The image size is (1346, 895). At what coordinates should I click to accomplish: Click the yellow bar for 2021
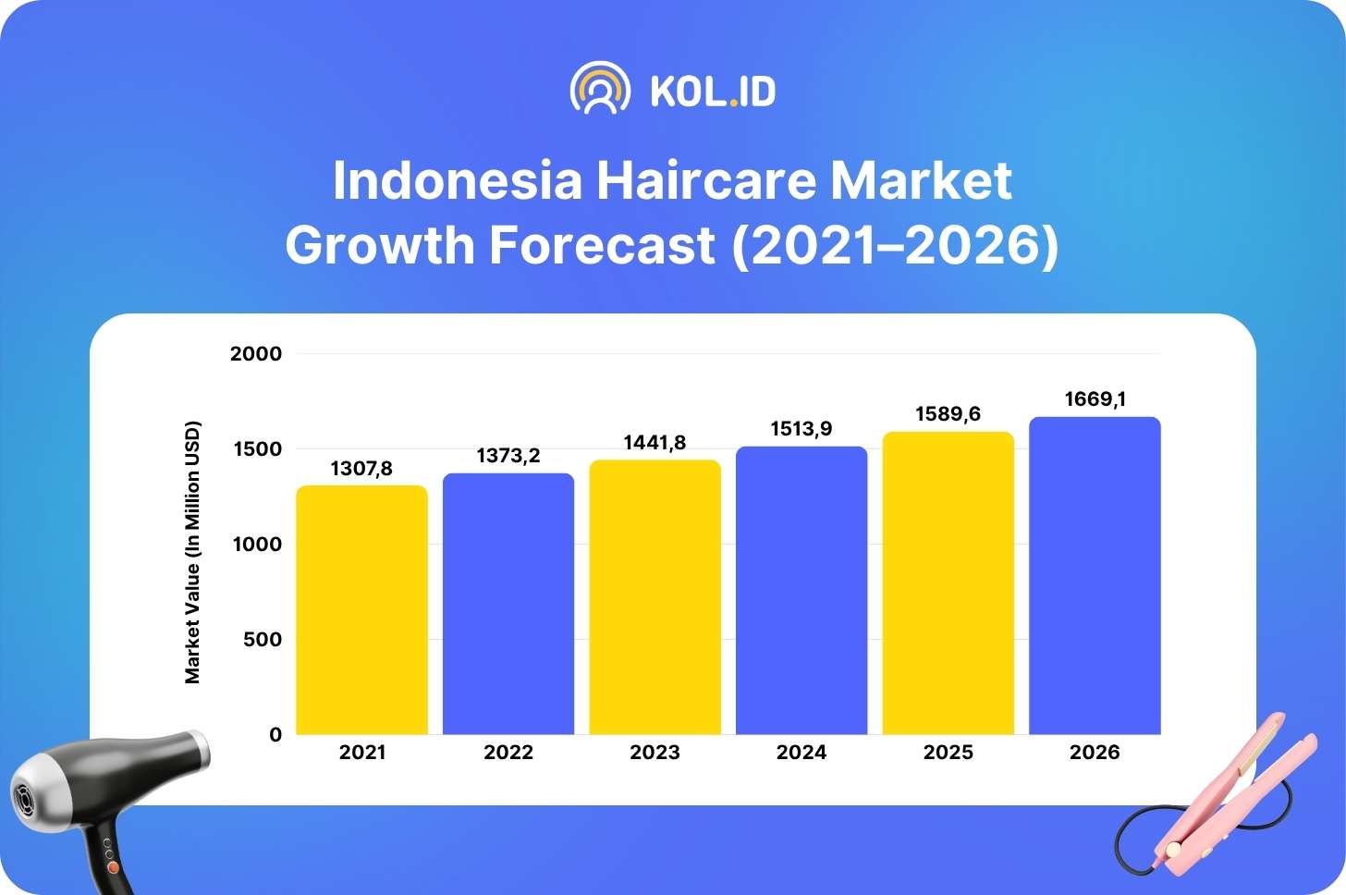(x=361, y=609)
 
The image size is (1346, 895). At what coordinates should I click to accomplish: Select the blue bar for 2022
(x=508, y=604)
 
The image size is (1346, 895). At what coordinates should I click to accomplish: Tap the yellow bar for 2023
(x=655, y=597)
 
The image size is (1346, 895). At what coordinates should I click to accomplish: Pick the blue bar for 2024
(x=801, y=590)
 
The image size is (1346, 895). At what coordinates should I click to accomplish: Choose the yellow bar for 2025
(x=948, y=583)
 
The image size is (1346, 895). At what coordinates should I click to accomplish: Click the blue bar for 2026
(x=1095, y=575)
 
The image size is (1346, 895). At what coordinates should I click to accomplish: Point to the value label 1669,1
(x=1095, y=399)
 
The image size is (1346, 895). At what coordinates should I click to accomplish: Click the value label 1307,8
(x=361, y=468)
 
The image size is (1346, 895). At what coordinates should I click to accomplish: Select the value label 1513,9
(x=801, y=429)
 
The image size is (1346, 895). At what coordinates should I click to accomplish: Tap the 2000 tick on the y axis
(x=256, y=353)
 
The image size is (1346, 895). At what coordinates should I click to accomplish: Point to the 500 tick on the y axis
(x=263, y=639)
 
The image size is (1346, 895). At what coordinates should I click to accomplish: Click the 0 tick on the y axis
(x=275, y=734)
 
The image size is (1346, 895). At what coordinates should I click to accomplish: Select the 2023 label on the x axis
(x=655, y=752)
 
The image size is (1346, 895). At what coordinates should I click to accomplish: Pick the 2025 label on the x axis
(x=948, y=752)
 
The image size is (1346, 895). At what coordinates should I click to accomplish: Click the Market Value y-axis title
(x=192, y=552)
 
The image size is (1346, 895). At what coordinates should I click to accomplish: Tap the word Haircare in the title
(x=706, y=180)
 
